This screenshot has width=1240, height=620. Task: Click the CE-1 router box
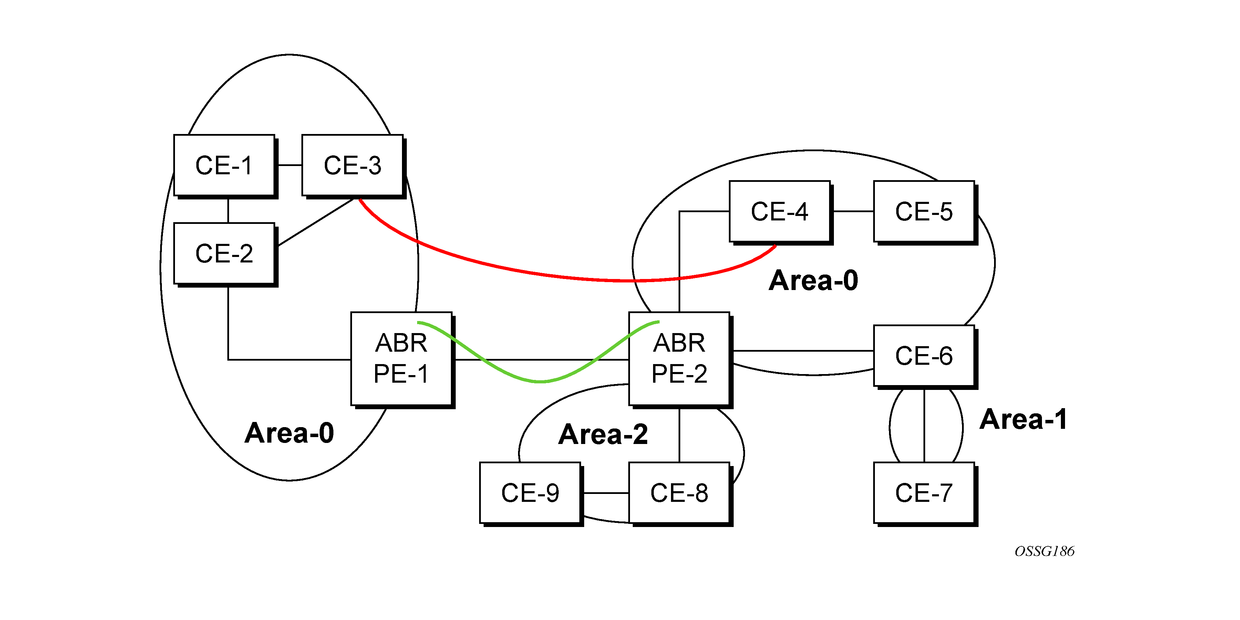tap(224, 165)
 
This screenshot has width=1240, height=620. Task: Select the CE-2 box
tap(224, 253)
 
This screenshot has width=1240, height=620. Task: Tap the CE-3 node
tap(352, 165)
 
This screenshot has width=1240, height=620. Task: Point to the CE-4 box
tap(779, 211)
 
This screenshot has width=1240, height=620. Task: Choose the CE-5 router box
tap(924, 211)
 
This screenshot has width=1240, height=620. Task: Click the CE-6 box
tap(924, 356)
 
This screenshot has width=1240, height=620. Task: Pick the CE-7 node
tap(924, 493)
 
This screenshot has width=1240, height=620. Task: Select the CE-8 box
tap(679, 493)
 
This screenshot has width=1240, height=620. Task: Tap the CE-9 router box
tap(530, 493)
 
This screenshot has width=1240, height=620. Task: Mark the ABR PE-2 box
tap(679, 359)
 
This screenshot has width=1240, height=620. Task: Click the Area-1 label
tap(1023, 419)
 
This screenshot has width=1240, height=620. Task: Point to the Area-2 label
tap(603, 434)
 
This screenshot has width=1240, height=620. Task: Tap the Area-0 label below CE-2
tap(289, 433)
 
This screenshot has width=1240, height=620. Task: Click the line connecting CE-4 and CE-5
tap(852, 211)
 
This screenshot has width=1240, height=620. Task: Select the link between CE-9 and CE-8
tap(605, 493)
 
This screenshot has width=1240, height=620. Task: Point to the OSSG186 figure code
tap(1044, 551)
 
